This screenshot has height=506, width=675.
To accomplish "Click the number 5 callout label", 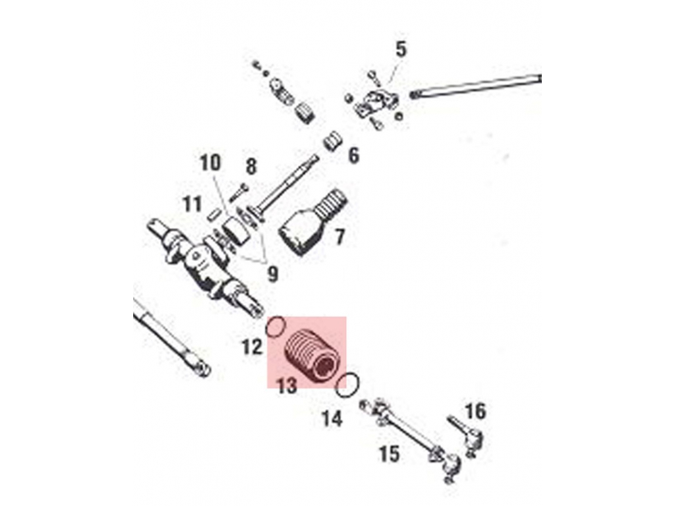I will coord(401,49).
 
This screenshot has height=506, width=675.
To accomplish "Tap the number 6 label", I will coord(353,156).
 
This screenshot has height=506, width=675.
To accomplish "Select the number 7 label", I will coord(339,237).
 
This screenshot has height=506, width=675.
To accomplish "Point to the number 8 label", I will coord(251,167).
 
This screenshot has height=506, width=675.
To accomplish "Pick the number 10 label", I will coord(212,162).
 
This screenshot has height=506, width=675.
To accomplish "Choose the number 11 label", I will coord(192,204).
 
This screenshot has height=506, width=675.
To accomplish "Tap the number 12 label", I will coord(252,347).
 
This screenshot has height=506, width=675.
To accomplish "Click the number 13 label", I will coord(287,385).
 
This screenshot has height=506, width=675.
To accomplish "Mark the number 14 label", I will coord(332,417).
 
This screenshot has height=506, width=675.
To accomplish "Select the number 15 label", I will coord(390,454).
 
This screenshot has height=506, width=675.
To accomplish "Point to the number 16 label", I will coord(475,412).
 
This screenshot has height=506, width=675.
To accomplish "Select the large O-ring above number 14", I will coord(347,385).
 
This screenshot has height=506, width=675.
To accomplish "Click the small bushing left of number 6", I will coord(334,140).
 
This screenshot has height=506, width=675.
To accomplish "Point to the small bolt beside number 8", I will coord(238,192).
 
